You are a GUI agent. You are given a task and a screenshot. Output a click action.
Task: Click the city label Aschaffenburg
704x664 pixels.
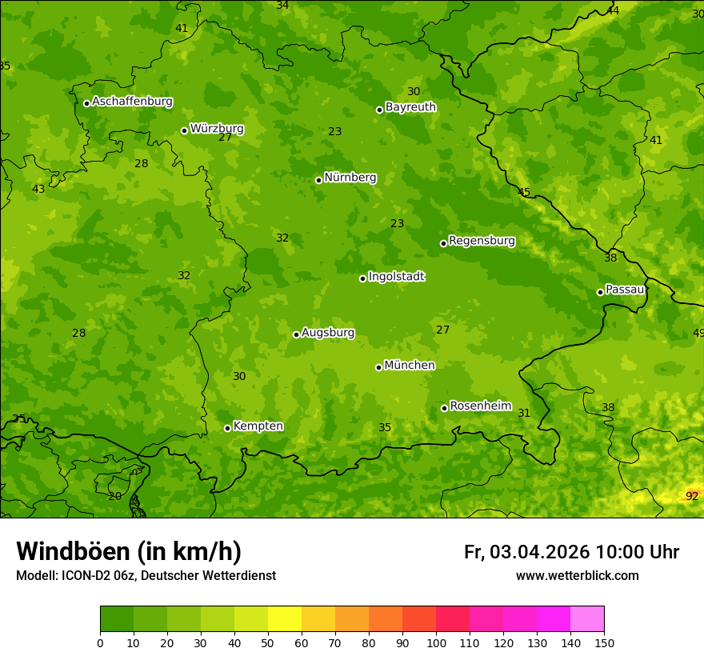coord(132,102)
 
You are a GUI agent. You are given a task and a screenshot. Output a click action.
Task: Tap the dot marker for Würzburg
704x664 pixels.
coord(184,130)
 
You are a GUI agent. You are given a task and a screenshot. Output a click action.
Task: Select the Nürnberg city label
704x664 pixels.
coord(350,178)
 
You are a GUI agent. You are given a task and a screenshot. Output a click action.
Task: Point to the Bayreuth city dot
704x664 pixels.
coord(379,110)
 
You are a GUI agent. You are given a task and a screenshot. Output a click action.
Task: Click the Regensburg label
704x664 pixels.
coord(482,241)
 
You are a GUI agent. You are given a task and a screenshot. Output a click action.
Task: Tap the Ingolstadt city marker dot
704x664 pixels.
coord(362,278)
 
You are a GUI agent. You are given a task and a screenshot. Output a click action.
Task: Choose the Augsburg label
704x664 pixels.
coord(328,333)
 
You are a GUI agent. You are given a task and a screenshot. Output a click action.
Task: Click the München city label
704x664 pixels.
coord(410,366)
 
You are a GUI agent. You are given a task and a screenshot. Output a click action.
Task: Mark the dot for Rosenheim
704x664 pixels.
coord(444,408)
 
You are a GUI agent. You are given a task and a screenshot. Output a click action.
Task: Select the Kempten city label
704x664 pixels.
coord(258,426)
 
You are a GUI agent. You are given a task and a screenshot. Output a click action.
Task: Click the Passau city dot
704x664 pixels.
coord(600,292)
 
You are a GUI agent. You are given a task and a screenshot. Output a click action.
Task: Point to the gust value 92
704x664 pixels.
coord(692,496)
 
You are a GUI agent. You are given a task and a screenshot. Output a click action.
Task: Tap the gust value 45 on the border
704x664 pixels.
coord(524,192)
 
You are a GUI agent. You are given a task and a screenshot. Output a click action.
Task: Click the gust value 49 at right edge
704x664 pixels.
coord(698,334)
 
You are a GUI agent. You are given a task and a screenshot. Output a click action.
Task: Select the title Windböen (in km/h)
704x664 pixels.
coord(129,551)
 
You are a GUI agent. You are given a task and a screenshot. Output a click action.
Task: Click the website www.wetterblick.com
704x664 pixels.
coord(577,575)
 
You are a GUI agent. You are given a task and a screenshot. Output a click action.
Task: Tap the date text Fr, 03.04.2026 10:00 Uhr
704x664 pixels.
coord(571,552)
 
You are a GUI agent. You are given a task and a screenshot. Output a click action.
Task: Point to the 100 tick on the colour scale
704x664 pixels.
coord(436,642)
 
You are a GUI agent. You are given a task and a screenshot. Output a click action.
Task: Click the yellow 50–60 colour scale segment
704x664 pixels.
coord(285,619)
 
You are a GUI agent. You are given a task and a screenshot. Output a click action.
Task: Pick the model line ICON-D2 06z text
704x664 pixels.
coord(146,575)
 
